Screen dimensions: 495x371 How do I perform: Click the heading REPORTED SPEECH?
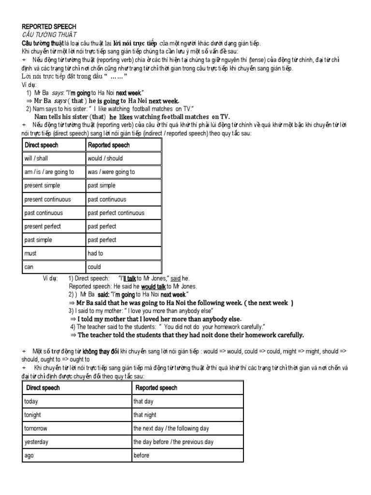[49, 27]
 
